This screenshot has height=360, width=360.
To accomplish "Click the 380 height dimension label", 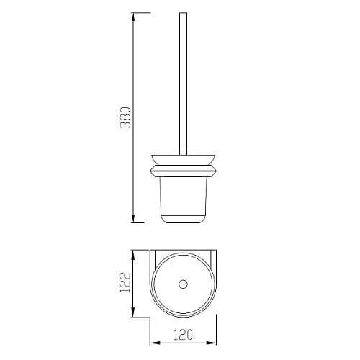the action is pos(125,117).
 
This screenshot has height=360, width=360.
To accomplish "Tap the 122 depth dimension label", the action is pos(125,282).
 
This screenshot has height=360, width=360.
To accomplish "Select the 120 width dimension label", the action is pos(183,335).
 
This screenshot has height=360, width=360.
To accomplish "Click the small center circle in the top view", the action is pos(183,284).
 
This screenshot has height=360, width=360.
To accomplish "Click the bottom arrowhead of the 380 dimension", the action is pos(133,217).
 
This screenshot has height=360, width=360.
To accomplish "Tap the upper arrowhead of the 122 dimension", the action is pos(133,256).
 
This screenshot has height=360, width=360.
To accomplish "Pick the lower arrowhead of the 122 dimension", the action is pos(133,312).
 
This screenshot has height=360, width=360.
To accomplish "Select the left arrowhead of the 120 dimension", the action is pos(156,343).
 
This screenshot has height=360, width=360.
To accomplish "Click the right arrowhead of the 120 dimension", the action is pos(211,343).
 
